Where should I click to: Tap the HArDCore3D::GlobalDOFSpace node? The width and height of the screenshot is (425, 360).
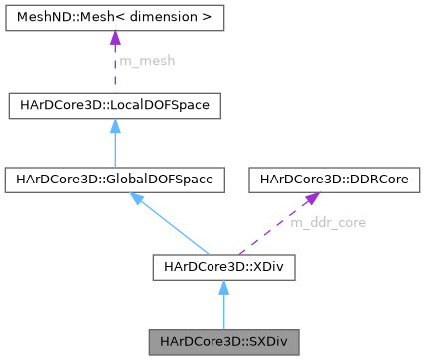tap(112, 180)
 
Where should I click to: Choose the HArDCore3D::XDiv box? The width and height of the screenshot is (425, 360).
tap(224, 266)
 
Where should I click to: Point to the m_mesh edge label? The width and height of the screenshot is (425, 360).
tap(146, 61)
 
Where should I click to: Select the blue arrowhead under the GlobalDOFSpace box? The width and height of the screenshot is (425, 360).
tap(138, 199)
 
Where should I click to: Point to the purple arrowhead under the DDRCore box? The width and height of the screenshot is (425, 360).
tap(304, 199)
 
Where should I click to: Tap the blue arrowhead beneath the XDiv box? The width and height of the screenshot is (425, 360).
tap(224, 287)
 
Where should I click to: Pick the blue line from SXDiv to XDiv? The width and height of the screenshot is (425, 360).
tap(224, 314)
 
